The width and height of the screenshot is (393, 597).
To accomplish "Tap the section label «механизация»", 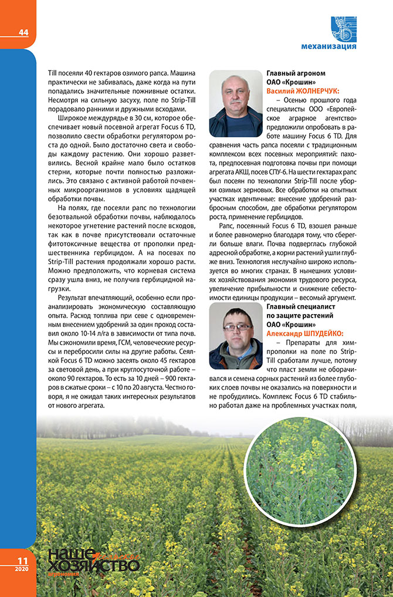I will click(x=328, y=46).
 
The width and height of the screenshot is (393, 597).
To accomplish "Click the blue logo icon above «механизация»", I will click(x=343, y=28).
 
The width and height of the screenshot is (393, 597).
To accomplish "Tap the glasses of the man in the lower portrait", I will click(x=237, y=327).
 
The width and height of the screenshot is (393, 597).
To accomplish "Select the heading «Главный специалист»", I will click(x=301, y=306).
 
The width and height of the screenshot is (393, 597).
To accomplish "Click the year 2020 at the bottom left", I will click(x=22, y=569).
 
